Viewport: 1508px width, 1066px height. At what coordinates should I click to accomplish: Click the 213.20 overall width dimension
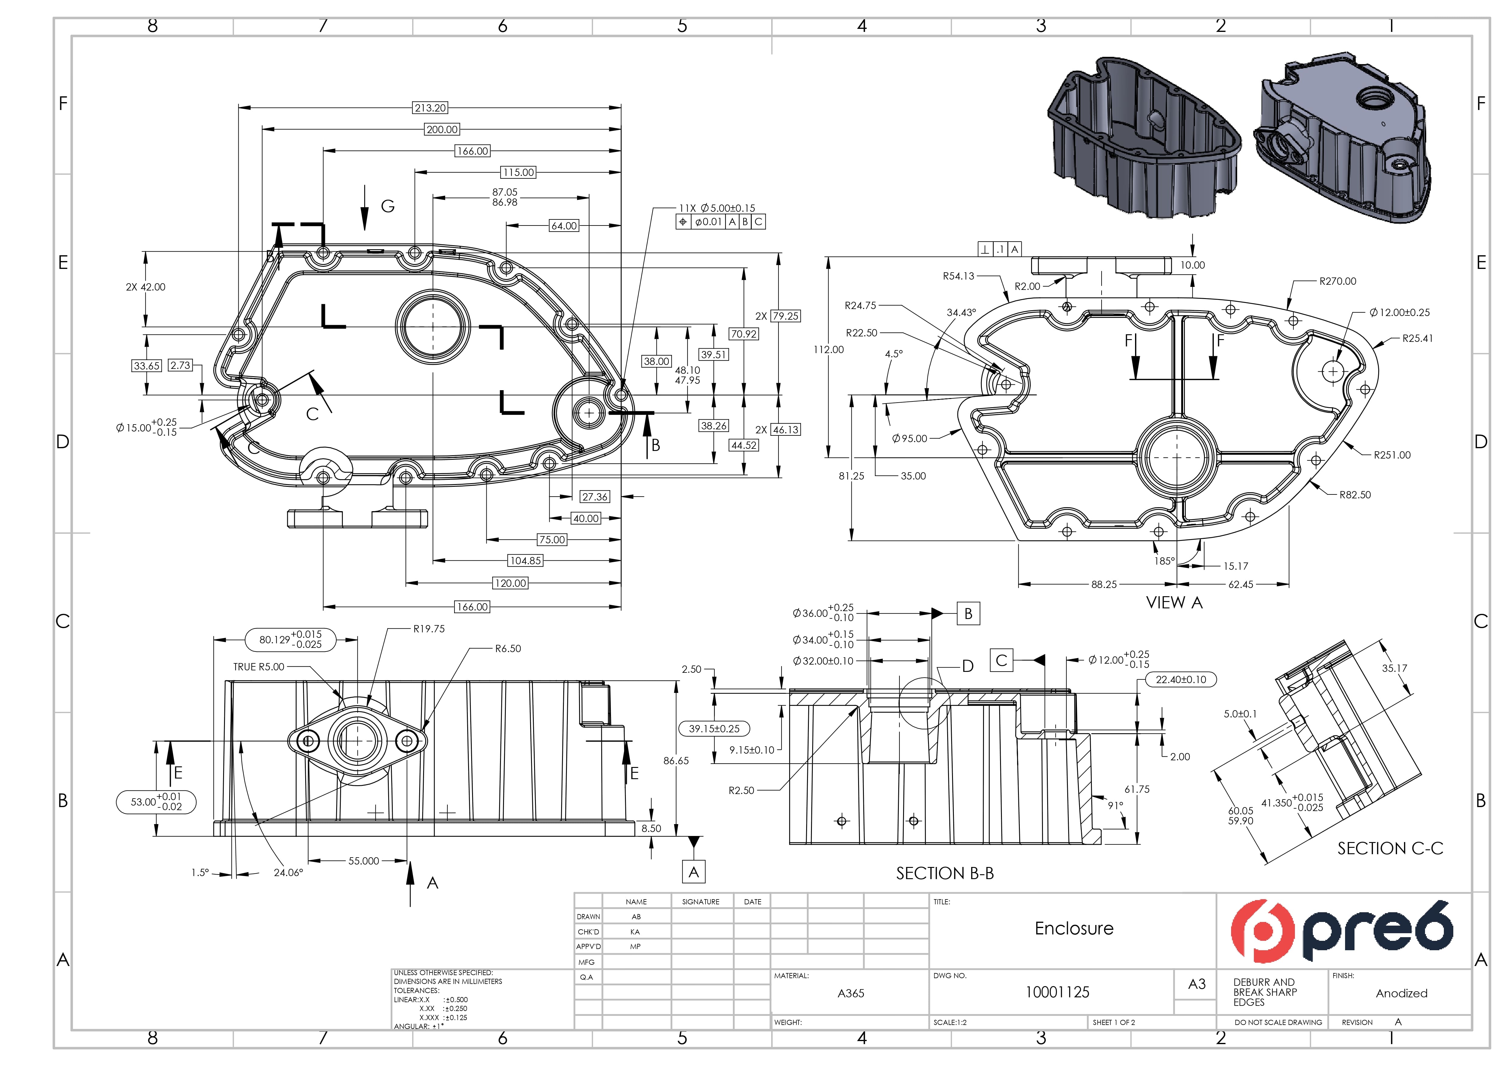[430, 108]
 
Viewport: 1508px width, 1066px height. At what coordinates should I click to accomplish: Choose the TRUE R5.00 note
[259, 667]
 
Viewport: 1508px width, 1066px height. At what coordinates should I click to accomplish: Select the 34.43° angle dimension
[961, 312]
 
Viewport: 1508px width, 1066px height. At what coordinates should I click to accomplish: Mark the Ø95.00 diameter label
[910, 438]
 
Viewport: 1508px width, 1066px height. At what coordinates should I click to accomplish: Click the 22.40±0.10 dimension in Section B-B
[1181, 679]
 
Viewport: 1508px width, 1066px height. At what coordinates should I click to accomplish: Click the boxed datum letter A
[694, 872]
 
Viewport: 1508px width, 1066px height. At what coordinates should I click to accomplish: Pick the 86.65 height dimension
[676, 761]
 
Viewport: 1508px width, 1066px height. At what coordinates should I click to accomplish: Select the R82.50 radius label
[1355, 495]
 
